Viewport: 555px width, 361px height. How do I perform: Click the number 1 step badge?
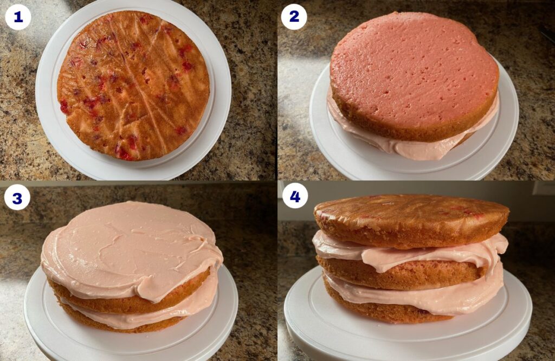[18, 17]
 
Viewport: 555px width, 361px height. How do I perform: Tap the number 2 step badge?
[294, 17]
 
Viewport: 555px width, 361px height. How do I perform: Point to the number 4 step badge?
[294, 196]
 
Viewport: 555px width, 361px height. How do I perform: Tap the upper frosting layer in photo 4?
[412, 252]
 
